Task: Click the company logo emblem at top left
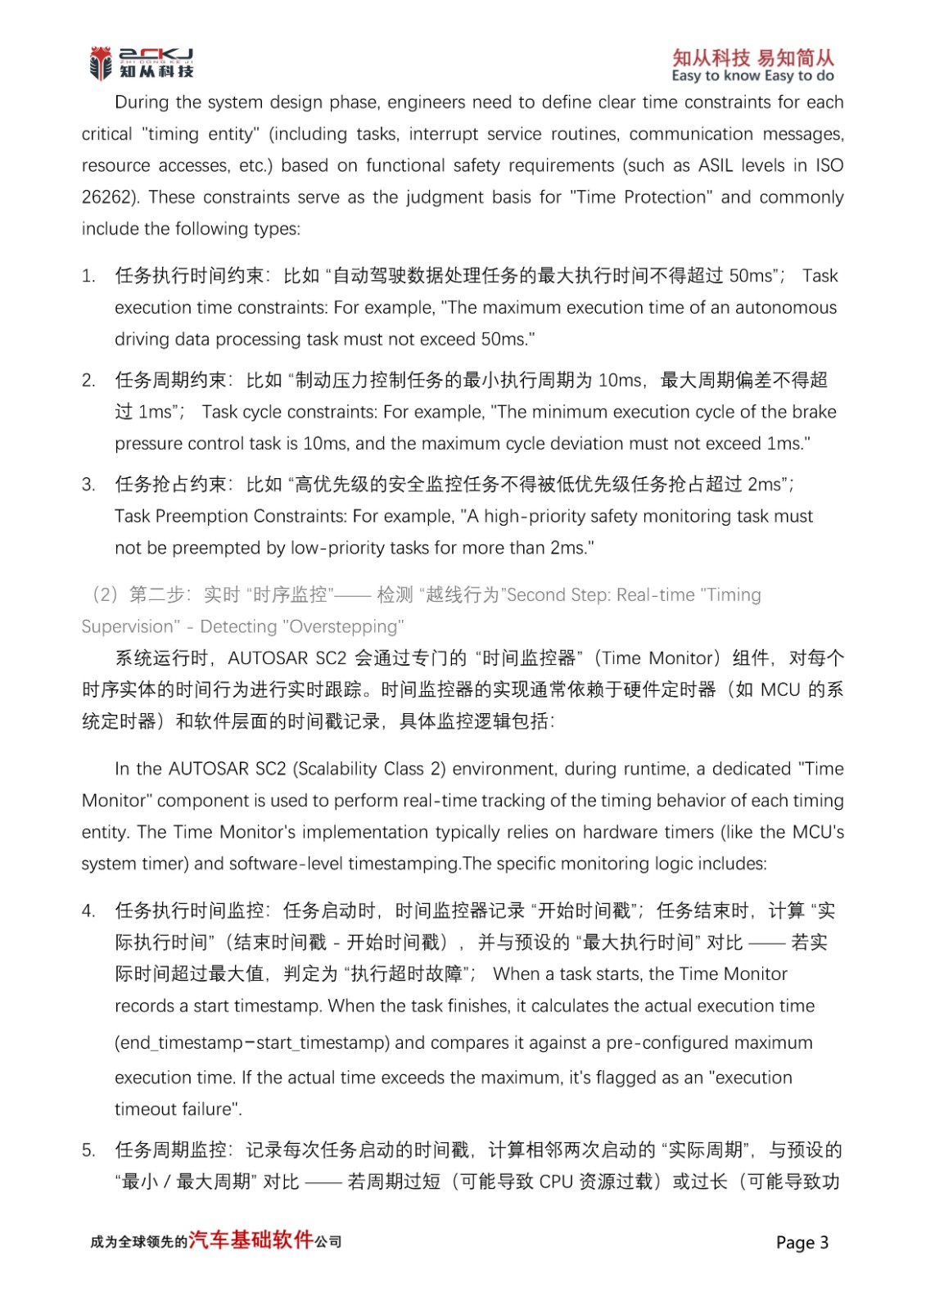[100, 62]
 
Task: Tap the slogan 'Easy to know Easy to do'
[752, 76]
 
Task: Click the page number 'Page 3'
[802, 1242]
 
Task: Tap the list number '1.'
[89, 276]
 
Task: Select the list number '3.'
[89, 485]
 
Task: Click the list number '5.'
[89, 1150]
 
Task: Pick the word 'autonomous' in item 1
[786, 308]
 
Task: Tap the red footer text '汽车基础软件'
[251, 1240]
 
